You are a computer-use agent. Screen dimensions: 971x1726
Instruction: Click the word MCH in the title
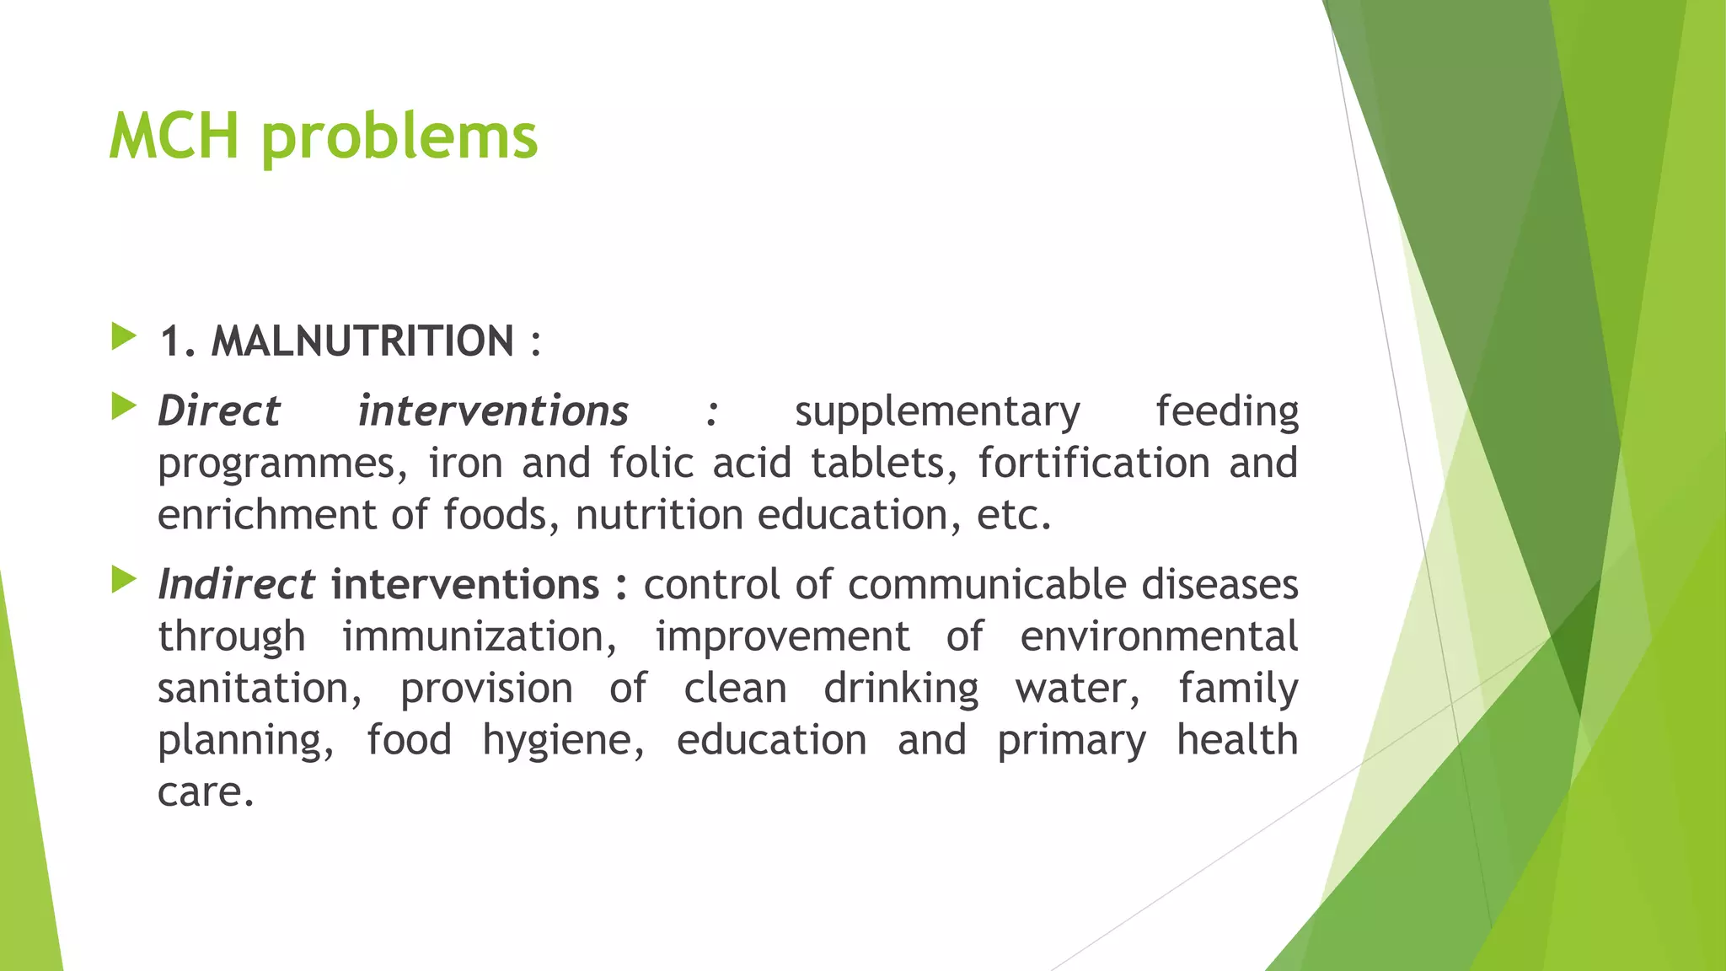tap(174, 136)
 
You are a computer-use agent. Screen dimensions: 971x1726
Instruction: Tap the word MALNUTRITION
tap(362, 341)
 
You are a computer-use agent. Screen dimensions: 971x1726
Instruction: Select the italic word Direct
tap(218, 411)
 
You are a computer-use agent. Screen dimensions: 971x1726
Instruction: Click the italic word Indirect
tap(236, 585)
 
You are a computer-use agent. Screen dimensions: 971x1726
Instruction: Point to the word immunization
tap(479, 637)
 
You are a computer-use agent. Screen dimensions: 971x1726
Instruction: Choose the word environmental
tap(1159, 637)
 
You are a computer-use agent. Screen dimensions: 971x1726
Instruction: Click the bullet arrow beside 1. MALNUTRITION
tap(124, 337)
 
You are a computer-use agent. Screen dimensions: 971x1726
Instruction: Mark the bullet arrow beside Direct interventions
tap(124, 407)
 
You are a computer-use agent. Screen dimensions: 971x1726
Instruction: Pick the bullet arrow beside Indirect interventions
tap(124, 581)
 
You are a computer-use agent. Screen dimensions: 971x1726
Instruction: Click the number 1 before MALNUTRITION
tap(171, 342)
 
